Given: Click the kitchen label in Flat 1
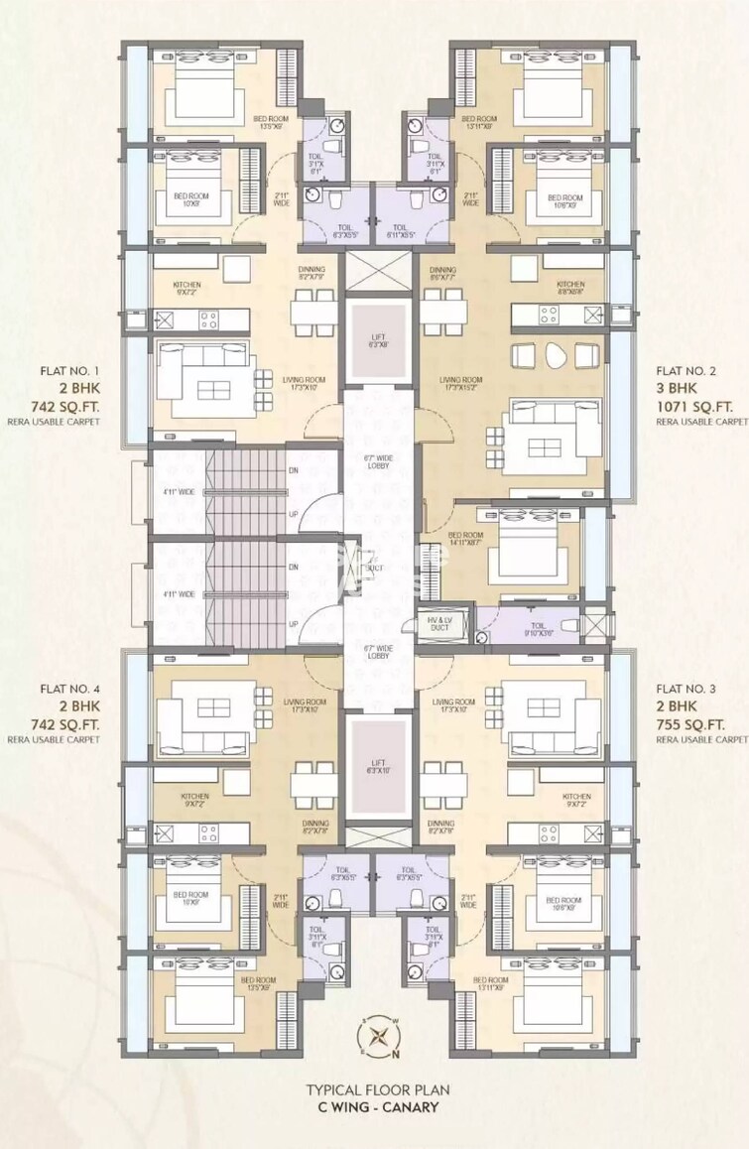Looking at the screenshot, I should tap(187, 288).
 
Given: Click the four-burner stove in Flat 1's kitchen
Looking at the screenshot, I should tap(209, 319).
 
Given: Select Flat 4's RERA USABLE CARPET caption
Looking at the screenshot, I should tap(69, 740).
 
